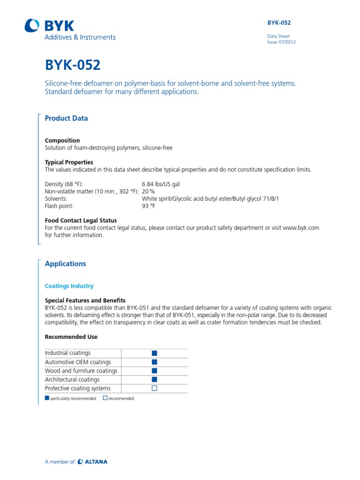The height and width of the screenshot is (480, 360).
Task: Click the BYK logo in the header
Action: [x=49, y=26]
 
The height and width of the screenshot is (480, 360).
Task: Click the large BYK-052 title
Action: [x=72, y=65]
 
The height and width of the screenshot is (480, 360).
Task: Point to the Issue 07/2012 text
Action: [x=281, y=42]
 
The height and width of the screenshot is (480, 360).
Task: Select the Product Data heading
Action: [x=66, y=119]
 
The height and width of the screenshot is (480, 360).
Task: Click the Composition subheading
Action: [x=62, y=140]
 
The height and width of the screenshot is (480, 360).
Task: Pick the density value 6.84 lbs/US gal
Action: [x=161, y=184]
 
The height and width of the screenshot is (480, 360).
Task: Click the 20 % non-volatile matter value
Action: [x=148, y=191]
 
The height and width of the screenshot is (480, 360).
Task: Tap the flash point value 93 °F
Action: [x=149, y=205]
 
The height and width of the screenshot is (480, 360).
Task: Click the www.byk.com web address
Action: [x=301, y=228]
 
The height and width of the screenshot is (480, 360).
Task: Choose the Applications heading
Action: [x=65, y=264]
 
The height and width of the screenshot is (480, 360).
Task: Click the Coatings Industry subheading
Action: [x=69, y=286]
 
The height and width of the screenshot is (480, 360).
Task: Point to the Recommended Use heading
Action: [x=71, y=337]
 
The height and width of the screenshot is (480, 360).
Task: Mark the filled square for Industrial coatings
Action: [x=154, y=353]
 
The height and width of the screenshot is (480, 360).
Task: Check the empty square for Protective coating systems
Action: [x=154, y=388]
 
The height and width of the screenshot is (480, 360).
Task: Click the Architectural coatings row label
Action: [x=72, y=380]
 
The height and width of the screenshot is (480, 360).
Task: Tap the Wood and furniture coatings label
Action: [x=81, y=371]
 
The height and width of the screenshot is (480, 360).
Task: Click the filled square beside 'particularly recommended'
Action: [x=47, y=398]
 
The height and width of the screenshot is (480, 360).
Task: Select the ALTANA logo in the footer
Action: [x=93, y=462]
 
